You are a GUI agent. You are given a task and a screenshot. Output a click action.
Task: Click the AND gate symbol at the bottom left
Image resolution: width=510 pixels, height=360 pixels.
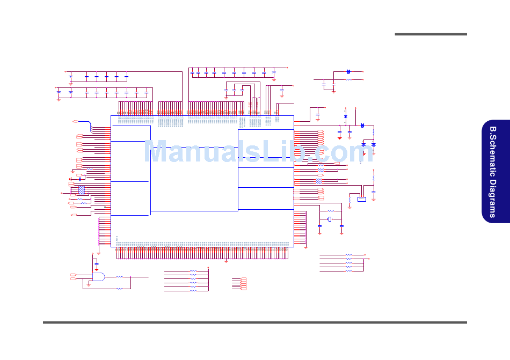click(99, 276)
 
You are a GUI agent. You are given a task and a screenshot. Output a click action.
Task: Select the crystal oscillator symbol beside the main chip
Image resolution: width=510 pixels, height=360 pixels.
click(331, 219)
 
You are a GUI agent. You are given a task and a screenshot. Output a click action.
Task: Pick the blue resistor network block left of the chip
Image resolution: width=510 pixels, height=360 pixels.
click(82, 189)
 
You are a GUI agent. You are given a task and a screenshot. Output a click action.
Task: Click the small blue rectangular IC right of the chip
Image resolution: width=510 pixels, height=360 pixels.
click(362, 199)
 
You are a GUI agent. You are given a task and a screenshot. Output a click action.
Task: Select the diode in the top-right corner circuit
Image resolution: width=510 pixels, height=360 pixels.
click(348, 71)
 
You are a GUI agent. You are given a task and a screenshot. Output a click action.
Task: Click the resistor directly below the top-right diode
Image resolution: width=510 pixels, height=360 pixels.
click(348, 79)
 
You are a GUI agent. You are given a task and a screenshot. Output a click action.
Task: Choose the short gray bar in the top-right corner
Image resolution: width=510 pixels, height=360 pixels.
click(431, 34)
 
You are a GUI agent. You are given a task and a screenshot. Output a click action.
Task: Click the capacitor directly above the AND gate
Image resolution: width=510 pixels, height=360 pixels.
click(97, 266)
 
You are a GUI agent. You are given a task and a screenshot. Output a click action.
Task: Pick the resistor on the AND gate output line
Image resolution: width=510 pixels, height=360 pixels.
click(119, 277)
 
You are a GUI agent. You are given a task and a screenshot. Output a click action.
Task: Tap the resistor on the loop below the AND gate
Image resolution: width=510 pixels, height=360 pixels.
click(119, 289)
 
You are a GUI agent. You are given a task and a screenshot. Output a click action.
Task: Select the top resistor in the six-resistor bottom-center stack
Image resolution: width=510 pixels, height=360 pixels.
click(193, 271)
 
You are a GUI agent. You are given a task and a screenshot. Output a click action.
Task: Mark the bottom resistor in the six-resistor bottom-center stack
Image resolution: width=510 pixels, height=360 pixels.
click(193, 291)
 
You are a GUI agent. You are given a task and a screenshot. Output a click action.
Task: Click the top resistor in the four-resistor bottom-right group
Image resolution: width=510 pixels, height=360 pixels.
click(349, 255)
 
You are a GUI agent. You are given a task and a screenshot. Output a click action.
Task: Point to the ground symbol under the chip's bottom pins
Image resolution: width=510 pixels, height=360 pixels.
click(226, 261)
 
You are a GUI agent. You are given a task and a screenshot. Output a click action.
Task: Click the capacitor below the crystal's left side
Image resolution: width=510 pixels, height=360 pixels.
click(320, 226)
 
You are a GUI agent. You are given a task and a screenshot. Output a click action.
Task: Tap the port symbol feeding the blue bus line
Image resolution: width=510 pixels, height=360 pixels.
click(76, 122)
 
